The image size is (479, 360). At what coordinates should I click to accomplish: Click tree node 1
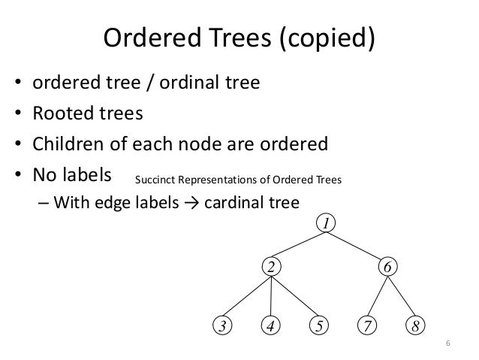[327, 224]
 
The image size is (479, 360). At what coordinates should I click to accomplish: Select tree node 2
[271, 267]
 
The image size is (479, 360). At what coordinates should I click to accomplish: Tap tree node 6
[387, 267]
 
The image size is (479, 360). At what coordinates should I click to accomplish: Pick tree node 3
[222, 325]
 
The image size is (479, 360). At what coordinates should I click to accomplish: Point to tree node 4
[271, 325]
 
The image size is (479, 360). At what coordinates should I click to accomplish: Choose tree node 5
[319, 325]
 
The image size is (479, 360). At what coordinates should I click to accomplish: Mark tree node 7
[367, 325]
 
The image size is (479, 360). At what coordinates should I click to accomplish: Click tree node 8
[414, 325]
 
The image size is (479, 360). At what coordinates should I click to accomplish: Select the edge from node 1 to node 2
[299, 245]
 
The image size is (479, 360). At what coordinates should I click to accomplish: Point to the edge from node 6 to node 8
[401, 296]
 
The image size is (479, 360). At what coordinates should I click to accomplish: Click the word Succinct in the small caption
[155, 180]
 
